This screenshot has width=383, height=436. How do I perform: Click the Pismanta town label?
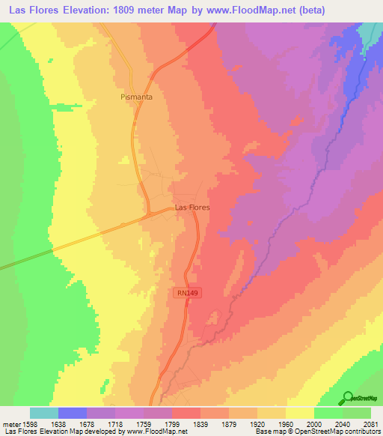click(x=136, y=97)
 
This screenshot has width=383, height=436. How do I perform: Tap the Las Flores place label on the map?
click(x=191, y=207)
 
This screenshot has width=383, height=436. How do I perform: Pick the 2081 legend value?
click(x=371, y=424)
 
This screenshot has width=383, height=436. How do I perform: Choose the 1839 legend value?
click(x=200, y=424)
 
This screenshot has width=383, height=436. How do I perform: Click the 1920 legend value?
click(x=258, y=424)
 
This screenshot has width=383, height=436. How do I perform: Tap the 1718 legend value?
click(x=114, y=424)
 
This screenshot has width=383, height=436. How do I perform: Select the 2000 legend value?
click(x=315, y=424)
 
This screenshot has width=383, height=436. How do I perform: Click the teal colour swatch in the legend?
click(x=44, y=413)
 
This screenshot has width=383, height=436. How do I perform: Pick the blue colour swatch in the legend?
click(x=73, y=413)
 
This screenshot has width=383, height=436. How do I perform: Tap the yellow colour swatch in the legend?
click(x=300, y=413)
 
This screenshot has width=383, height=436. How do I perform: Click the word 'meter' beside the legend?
click(x=10, y=424)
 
